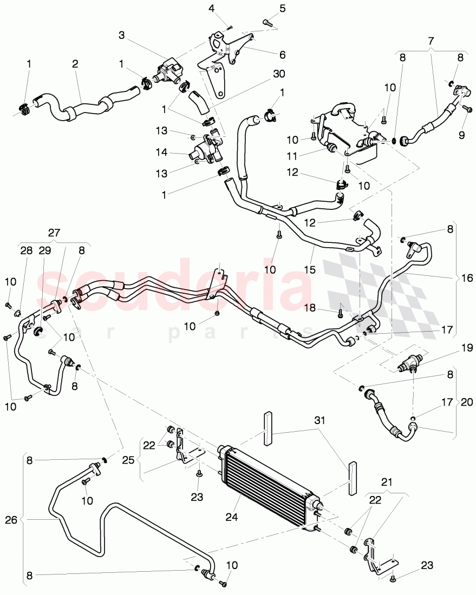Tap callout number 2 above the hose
[75, 64]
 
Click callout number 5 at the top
[282, 9]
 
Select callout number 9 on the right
[461, 135]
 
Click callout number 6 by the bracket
[282, 55]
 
